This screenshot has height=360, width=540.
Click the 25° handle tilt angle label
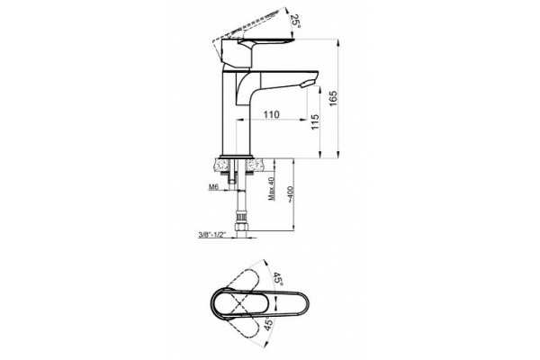(x=296, y=22)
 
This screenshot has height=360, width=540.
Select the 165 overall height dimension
(x=333, y=98)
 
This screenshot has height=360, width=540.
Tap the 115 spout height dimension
(x=315, y=122)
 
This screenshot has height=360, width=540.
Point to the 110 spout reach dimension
(x=272, y=114)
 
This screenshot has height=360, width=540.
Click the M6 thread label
(x=214, y=187)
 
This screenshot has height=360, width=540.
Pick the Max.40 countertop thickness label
(x=272, y=188)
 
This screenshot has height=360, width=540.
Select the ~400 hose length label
(x=290, y=194)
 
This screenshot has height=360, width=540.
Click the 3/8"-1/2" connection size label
(x=211, y=235)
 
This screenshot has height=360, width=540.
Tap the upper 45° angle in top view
(x=278, y=279)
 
